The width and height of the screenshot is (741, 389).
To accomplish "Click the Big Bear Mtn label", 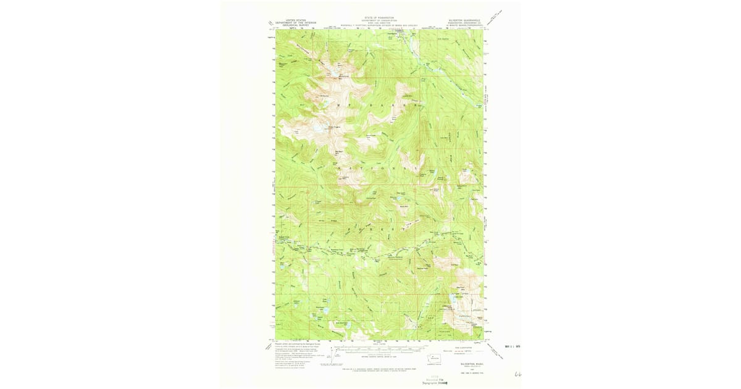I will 339,151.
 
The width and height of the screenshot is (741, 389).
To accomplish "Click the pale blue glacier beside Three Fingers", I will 316,129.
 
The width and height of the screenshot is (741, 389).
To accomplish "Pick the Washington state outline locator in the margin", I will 435,358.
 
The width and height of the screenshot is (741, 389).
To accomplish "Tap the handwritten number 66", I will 517,374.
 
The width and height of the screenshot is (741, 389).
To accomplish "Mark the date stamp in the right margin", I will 513,346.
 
